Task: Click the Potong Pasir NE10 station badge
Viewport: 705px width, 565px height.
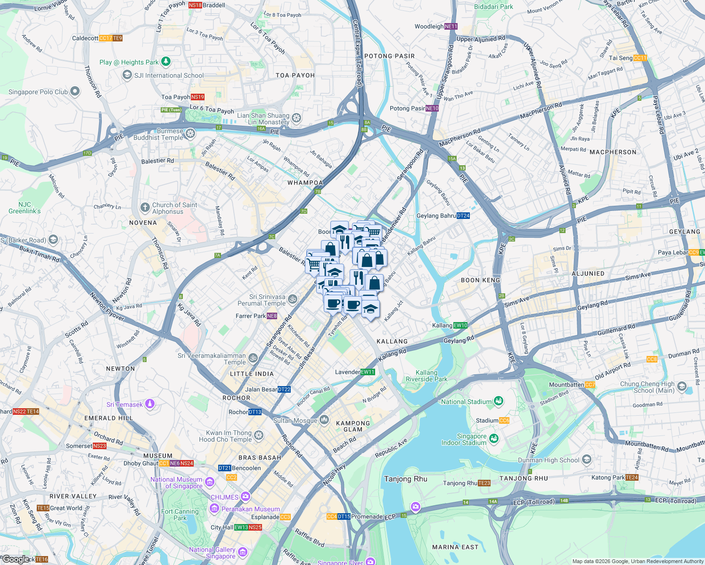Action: (x=432, y=108)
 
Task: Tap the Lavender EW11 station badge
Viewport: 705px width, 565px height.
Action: (x=368, y=372)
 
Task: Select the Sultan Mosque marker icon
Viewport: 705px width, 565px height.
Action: (x=324, y=420)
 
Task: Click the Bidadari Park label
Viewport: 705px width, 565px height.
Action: (x=493, y=7)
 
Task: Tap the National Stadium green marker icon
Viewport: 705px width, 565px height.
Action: (x=499, y=401)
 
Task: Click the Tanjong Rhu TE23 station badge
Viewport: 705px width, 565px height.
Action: (x=484, y=483)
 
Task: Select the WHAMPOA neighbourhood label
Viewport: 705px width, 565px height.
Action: (x=305, y=183)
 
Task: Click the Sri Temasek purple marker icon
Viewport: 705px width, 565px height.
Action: (x=150, y=404)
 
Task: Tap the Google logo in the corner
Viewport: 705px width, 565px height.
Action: (x=15, y=559)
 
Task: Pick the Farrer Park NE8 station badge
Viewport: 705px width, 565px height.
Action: (x=272, y=316)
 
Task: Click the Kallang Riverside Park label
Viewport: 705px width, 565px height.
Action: (x=426, y=376)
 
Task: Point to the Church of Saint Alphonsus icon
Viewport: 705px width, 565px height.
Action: (x=145, y=207)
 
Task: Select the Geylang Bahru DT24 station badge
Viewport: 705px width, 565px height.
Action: (x=463, y=216)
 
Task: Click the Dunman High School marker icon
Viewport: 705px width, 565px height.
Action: (x=587, y=459)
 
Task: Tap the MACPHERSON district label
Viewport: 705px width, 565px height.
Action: (x=613, y=152)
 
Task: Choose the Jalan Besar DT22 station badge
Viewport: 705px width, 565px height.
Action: (x=284, y=389)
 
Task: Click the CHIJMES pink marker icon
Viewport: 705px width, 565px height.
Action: (x=246, y=496)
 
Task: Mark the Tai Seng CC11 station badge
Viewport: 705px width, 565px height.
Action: (x=640, y=58)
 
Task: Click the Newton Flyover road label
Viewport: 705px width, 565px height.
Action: (x=107, y=307)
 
